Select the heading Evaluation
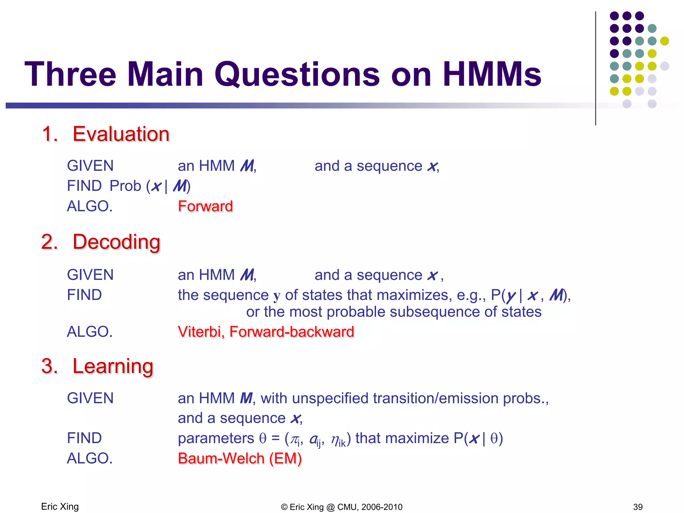click(x=121, y=134)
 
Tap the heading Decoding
click(x=116, y=242)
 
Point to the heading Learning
click(x=113, y=366)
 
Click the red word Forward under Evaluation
click(x=205, y=206)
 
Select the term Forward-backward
click(x=292, y=332)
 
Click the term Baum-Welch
click(x=221, y=458)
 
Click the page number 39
click(x=638, y=507)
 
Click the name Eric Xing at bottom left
click(x=60, y=507)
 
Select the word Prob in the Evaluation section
click(x=125, y=186)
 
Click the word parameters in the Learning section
click(x=216, y=438)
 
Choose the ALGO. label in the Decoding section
click(x=90, y=332)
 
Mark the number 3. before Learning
click(x=49, y=366)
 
